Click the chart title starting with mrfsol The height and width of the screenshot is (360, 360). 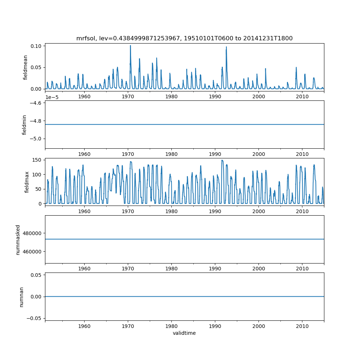point(184,38)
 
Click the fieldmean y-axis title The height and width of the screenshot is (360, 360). point(25,67)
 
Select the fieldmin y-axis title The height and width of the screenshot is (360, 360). point(24,125)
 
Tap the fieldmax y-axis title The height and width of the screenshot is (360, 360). point(27,182)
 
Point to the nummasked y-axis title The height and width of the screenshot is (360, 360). point(18,239)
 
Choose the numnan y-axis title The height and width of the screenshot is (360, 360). point(21,297)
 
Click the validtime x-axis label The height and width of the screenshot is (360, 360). point(184,333)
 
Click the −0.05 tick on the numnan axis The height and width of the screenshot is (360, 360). point(34,318)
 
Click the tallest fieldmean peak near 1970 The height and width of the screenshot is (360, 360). point(130,46)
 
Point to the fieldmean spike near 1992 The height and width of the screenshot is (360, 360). point(226,47)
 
